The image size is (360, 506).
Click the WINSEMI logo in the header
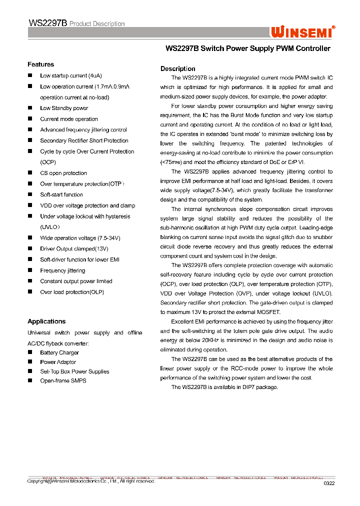302,32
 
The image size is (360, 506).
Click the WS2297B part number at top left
47,23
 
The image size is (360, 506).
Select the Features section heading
40,64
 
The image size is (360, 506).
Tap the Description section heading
177,68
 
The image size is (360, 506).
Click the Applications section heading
46,321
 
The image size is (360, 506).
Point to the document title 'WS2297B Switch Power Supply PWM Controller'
247,48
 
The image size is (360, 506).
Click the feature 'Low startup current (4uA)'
70,76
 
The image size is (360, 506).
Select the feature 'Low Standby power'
64,108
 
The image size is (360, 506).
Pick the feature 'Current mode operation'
69,119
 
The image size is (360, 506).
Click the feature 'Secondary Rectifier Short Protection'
84,140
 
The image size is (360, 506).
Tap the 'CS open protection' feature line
63,173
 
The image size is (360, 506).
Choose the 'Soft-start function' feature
61,194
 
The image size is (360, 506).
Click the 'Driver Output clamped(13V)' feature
74,248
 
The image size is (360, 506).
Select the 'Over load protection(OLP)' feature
72,292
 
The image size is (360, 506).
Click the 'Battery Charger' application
59,352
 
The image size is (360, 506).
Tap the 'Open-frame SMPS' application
63,380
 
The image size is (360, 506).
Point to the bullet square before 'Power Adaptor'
30,362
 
